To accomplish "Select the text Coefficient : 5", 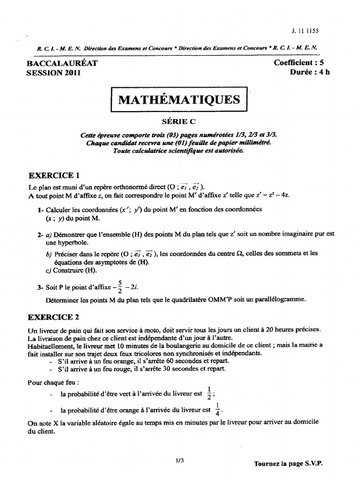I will click(x=299, y=63).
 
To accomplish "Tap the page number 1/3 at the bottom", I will click(x=179, y=460).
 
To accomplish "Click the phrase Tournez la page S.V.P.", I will click(x=288, y=463).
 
